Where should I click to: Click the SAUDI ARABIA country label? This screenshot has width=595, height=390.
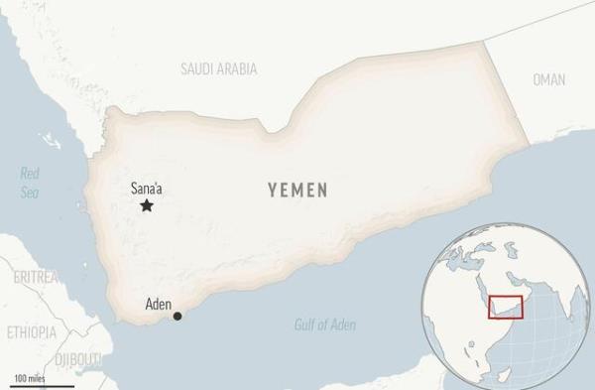[219, 68]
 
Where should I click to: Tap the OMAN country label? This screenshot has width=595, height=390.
[548, 79]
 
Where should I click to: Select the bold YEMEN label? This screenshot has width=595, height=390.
[297, 190]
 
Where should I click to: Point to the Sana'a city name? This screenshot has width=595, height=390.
[148, 187]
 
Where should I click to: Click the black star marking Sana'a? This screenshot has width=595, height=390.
[147, 205]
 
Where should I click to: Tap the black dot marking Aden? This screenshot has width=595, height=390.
[178, 317]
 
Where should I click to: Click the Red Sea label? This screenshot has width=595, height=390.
[30, 183]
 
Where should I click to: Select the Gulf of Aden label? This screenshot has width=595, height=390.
[325, 325]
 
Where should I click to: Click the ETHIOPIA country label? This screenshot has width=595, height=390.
[32, 332]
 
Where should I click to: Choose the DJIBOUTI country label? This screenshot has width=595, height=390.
[78, 358]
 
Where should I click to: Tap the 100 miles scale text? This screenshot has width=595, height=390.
[29, 377]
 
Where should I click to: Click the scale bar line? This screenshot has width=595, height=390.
[43, 385]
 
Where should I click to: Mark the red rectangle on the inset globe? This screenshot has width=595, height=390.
[506, 308]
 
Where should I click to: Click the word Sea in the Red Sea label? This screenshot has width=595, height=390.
[30, 193]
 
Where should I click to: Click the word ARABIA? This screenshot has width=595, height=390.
[238, 68]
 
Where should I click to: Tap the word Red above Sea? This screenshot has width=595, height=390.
[30, 174]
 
